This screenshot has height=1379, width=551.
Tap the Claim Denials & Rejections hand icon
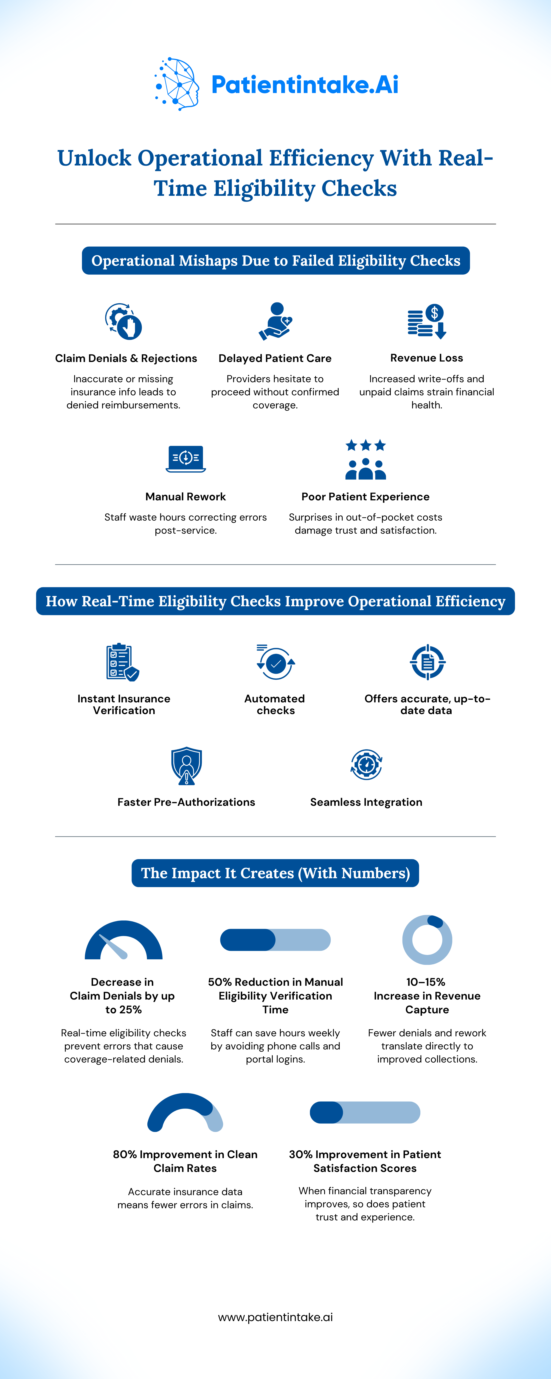coord(124,321)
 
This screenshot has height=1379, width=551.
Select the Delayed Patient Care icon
coord(275,321)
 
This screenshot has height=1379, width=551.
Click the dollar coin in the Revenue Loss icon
coord(434,313)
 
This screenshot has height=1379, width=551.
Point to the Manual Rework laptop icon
coord(186,459)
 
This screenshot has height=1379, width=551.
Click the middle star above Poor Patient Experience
coord(366,445)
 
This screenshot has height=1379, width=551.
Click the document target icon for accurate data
coord(427,662)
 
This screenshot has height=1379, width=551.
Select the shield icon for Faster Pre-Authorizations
coord(186,766)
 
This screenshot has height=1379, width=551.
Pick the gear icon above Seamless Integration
coord(366,764)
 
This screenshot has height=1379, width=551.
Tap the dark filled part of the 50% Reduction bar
coord(248,940)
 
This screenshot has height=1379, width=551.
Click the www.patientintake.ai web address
coord(275,1317)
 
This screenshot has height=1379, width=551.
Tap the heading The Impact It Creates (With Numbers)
coord(275,873)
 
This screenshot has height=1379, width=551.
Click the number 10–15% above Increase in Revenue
coord(426,982)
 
